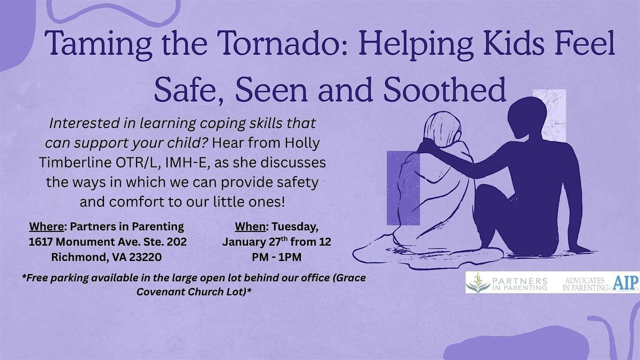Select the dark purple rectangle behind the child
403,187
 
